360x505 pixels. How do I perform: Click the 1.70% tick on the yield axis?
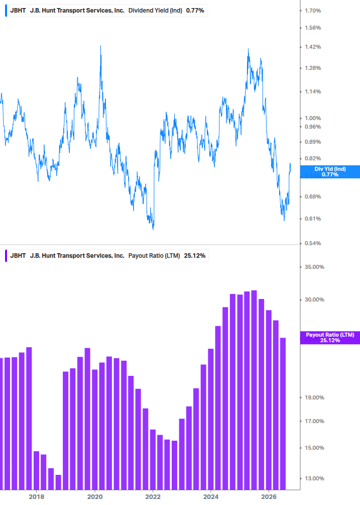[313, 11]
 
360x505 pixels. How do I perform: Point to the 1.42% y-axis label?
[313, 47]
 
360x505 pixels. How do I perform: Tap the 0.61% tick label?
[313, 219]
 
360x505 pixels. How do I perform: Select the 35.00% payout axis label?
[314, 267]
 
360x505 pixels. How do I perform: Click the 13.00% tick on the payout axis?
[314, 478]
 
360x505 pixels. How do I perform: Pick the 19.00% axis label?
[314, 398]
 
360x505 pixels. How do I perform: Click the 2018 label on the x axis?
[36, 497]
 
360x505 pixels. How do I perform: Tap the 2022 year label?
[153, 497]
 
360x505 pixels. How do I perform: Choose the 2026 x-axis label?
[269, 497]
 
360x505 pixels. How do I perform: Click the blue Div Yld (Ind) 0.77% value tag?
[330, 172]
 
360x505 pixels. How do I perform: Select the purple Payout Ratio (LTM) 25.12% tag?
[330, 338]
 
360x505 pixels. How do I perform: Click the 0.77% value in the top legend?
[195, 11]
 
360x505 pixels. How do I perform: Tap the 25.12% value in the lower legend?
[195, 256]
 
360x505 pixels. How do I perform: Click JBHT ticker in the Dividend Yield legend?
[18, 11]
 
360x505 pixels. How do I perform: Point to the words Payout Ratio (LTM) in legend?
[154, 256]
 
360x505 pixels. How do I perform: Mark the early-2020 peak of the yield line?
[101, 46]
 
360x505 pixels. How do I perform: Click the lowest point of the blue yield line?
[153, 229]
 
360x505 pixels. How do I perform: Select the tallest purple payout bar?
[254, 390]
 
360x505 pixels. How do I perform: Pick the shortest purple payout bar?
[58, 482]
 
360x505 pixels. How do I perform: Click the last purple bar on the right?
[283, 414]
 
